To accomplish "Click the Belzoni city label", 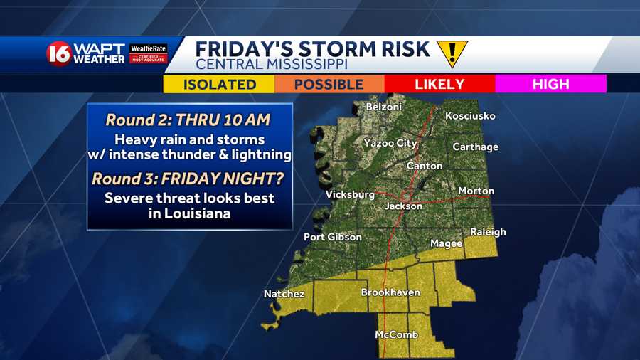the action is (x=383, y=107).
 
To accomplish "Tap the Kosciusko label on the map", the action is (x=470, y=116).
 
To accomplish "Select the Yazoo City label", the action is (x=390, y=144).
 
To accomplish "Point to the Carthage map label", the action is (x=476, y=147).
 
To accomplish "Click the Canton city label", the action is (x=425, y=166).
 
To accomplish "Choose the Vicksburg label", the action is (x=350, y=194).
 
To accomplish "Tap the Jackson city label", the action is (x=404, y=206).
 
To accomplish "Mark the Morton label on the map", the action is (x=476, y=191).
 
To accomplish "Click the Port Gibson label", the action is (x=333, y=237).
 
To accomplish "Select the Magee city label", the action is (x=447, y=243).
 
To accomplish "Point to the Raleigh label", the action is (x=488, y=232).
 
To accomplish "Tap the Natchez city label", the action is (x=284, y=294).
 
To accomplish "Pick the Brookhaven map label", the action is (x=390, y=292).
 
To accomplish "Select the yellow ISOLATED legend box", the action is (x=219, y=84).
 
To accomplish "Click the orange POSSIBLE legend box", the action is (x=329, y=84).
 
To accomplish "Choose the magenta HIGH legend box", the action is (x=550, y=84).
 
